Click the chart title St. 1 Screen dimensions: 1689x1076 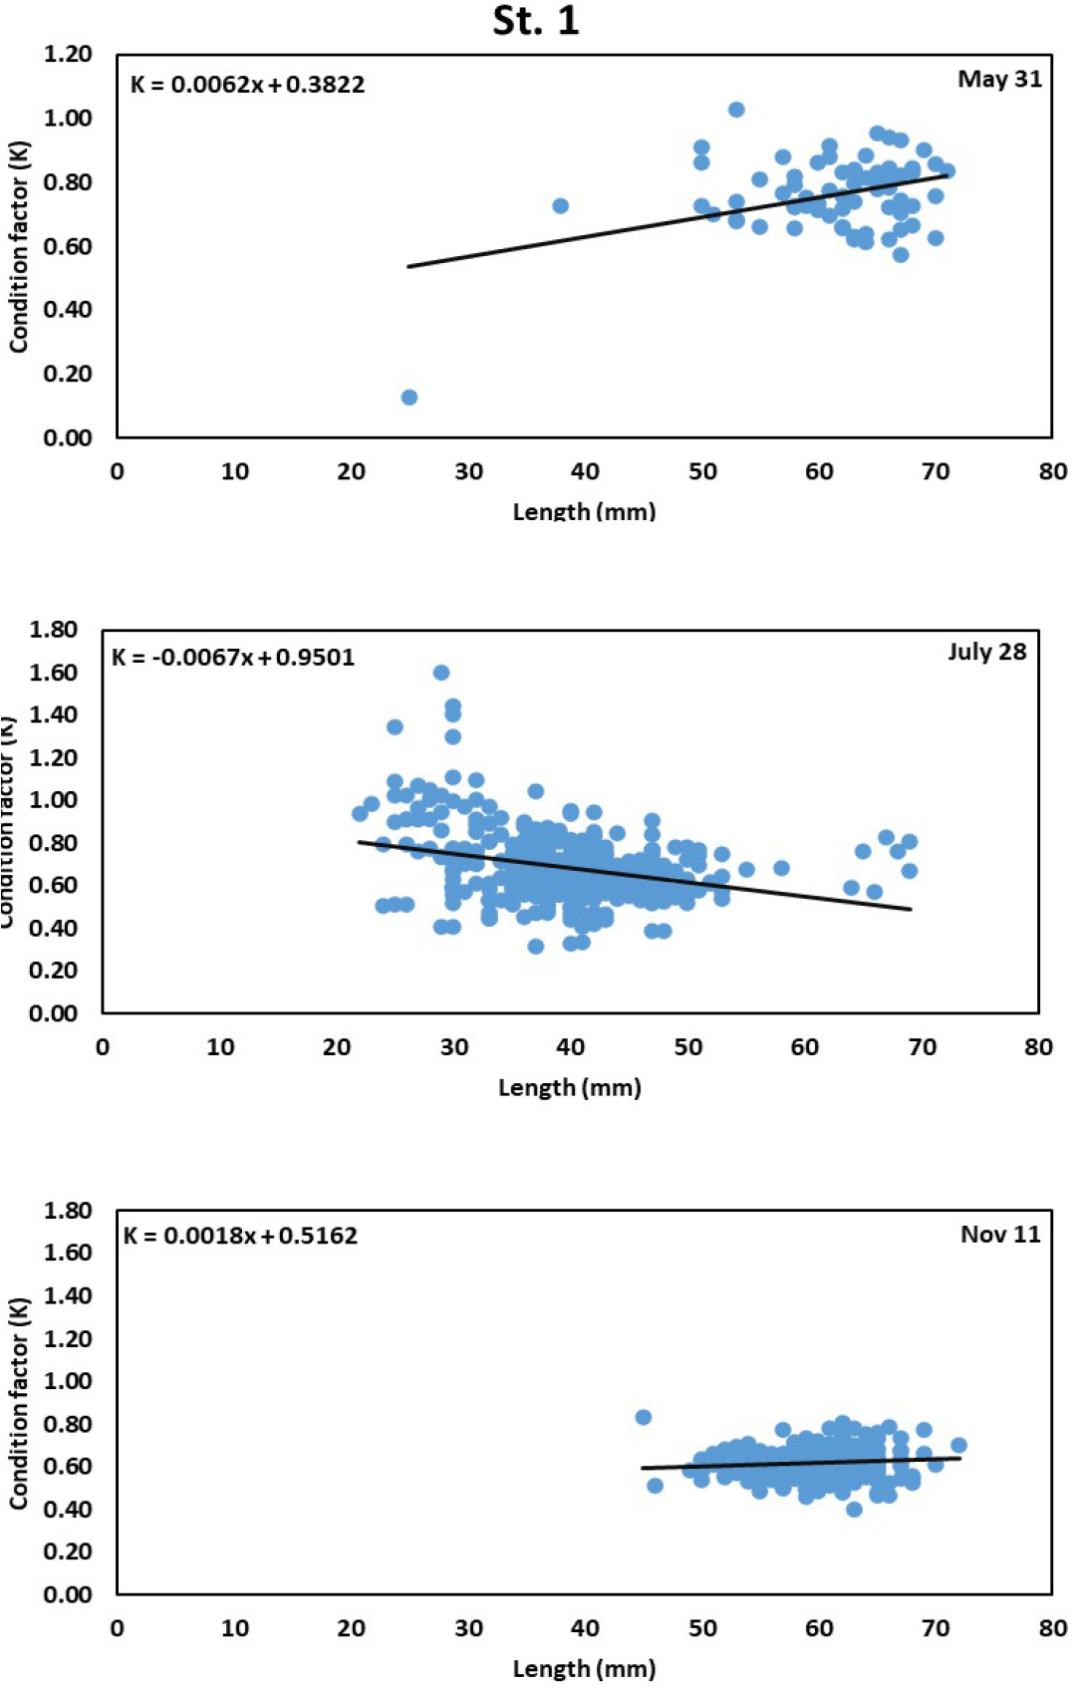click(x=536, y=21)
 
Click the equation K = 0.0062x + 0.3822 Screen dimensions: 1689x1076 click(x=247, y=85)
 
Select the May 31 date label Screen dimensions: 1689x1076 click(x=999, y=80)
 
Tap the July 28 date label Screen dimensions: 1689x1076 click(x=986, y=652)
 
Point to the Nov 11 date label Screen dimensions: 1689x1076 click(x=1000, y=1235)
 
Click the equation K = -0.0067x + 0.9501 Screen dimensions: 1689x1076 click(x=233, y=658)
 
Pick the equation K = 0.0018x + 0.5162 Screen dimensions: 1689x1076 click(x=240, y=1236)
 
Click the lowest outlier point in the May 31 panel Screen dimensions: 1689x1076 click(x=408, y=398)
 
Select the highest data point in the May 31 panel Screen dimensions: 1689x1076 click(x=736, y=110)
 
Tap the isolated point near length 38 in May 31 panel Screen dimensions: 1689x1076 click(x=560, y=206)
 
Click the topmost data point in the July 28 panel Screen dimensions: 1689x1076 click(x=441, y=673)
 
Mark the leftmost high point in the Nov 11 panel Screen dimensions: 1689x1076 click(x=644, y=1417)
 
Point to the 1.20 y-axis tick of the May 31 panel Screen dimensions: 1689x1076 click(x=68, y=55)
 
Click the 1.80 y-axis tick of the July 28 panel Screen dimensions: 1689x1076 click(x=54, y=630)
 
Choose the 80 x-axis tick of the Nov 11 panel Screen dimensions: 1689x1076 click(x=1052, y=1627)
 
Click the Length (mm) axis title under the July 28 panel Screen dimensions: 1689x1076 click(x=569, y=1087)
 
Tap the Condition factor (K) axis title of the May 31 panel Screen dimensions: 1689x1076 click(x=19, y=247)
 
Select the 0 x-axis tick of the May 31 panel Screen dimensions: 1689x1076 click(x=118, y=471)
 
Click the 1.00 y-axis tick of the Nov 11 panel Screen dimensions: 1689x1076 click(x=68, y=1381)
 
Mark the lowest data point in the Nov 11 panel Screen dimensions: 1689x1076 click(x=854, y=1510)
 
